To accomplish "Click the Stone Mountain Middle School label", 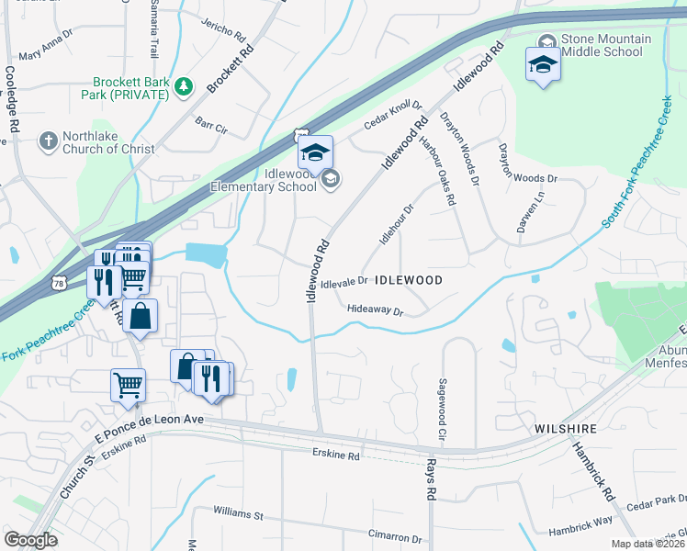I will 606,45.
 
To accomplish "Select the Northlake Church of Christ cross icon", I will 48,141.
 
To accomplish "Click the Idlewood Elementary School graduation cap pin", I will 315,152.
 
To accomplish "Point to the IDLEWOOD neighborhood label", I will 410,280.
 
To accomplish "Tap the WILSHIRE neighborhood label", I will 567,429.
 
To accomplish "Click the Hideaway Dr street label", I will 376,311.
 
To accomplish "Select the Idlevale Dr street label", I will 344,281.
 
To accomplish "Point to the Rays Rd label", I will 429,480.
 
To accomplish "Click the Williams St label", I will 238,510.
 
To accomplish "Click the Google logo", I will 30,540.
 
